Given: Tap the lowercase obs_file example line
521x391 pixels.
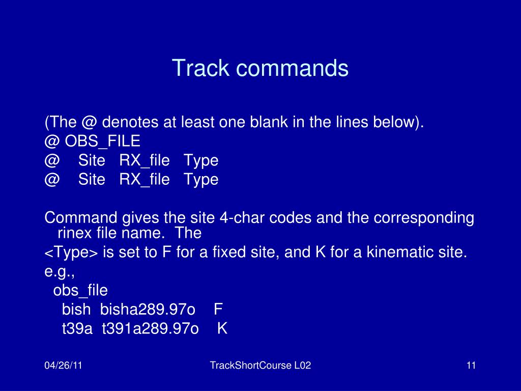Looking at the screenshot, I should tap(80, 290).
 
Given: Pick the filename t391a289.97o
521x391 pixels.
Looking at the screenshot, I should tap(150, 329).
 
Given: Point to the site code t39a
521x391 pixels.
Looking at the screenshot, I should tap(77, 329).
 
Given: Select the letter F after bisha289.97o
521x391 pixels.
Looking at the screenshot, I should tap(218, 309).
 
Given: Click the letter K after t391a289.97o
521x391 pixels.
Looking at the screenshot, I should tap(222, 328).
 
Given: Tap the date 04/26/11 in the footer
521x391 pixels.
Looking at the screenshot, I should tap(63, 366).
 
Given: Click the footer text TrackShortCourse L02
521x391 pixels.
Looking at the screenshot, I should tap(260, 366).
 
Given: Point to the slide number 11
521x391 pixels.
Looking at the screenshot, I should tap(471, 366).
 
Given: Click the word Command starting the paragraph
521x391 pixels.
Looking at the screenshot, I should tap(81, 218).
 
